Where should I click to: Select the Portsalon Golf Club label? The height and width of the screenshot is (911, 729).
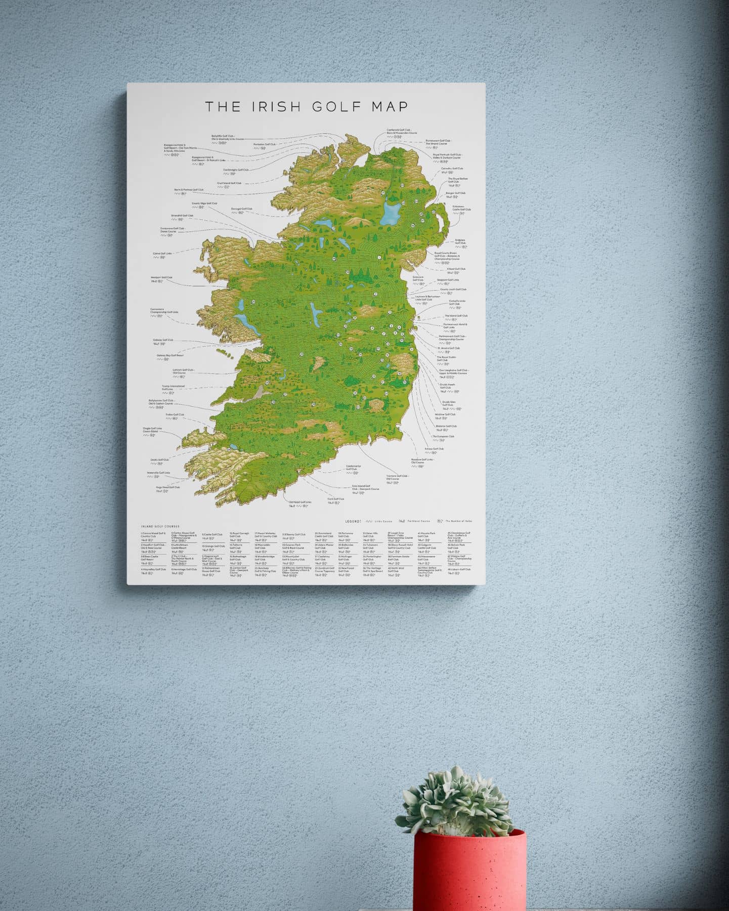(265, 144)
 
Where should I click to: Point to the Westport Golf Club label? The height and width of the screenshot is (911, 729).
(161, 277)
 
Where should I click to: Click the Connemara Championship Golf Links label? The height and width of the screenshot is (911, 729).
(164, 311)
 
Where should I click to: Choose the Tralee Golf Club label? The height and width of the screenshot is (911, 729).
(175, 415)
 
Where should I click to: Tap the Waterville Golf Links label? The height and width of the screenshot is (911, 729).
(158, 473)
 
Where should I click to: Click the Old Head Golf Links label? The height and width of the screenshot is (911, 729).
(300, 503)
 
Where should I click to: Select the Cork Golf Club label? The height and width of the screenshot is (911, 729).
(335, 499)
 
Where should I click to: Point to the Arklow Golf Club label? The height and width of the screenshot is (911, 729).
(434, 448)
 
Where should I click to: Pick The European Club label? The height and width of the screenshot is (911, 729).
(443, 436)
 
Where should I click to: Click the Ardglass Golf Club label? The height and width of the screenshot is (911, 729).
(460, 241)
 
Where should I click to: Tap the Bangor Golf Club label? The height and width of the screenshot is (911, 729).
(455, 193)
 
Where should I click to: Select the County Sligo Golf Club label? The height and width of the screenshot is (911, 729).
(204, 203)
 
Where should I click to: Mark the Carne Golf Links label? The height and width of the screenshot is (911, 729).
(162, 254)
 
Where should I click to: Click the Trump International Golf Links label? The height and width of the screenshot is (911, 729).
(173, 388)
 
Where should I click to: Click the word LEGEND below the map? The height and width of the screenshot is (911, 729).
(353, 521)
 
